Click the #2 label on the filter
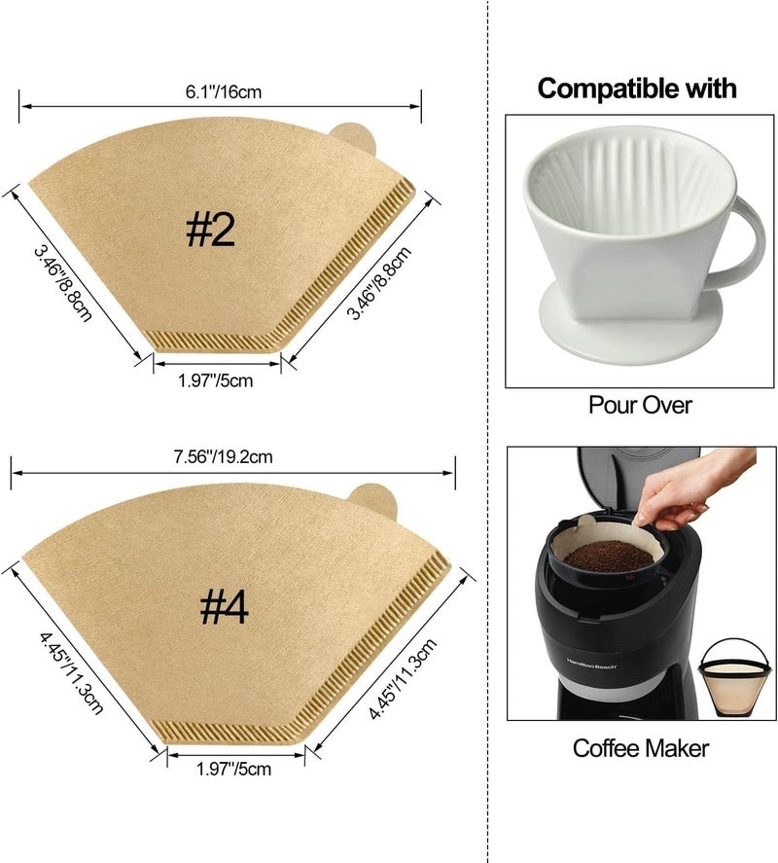pyautogui.click(x=210, y=230)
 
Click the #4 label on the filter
pyautogui.click(x=224, y=608)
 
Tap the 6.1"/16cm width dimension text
pyautogui.click(x=224, y=91)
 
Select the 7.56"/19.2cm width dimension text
pyautogui.click(x=224, y=457)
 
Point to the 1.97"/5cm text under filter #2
pyautogui.click(x=215, y=380)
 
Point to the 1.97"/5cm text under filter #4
pyautogui.click(x=233, y=769)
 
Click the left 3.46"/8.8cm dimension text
pyautogui.click(x=62, y=283)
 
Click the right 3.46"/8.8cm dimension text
pyautogui.click(x=378, y=283)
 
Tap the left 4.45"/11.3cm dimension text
pyautogui.click(x=71, y=673)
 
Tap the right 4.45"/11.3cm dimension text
pyautogui.click(x=403, y=678)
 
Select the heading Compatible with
pyautogui.click(x=637, y=89)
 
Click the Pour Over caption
pyautogui.click(x=640, y=405)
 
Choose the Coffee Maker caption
pyautogui.click(x=641, y=748)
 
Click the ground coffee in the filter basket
pyautogui.click(x=608, y=555)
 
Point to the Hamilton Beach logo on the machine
pyautogui.click(x=592, y=664)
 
